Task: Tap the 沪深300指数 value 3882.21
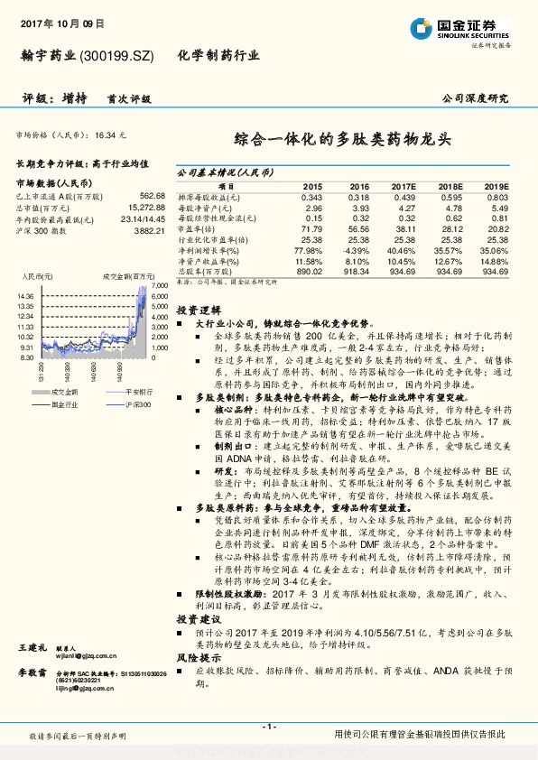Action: (x=147, y=231)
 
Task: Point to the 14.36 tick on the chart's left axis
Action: (x=24, y=295)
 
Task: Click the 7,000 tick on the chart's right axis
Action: (x=160, y=285)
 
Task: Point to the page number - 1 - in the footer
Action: (x=268, y=727)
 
